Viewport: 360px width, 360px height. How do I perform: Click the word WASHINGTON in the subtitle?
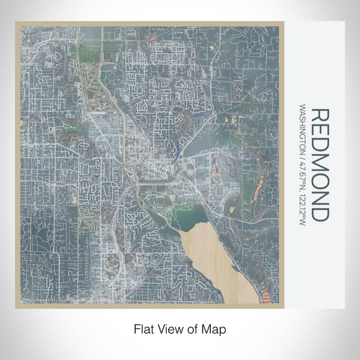coord(303,134)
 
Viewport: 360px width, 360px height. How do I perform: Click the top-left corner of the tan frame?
coord(15,22)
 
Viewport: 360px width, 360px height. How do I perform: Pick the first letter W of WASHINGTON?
coord(303,108)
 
